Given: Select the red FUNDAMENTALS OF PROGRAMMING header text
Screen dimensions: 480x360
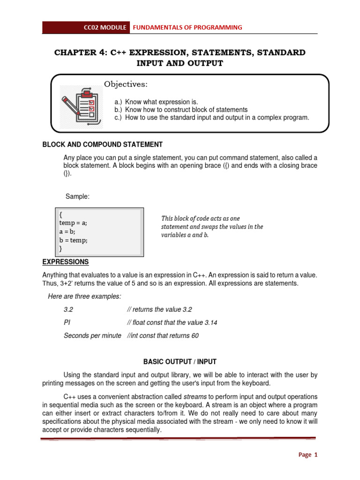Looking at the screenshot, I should [x=187, y=28].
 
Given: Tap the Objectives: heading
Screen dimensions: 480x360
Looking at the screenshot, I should [x=126, y=84].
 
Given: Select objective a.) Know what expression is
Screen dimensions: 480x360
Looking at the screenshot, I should [x=156, y=102].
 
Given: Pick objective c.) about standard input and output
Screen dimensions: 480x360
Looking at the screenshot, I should [x=212, y=118].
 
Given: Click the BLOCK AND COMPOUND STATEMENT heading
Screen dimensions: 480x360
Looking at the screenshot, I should [x=103, y=144].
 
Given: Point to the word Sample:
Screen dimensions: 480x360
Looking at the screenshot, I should [x=77, y=196].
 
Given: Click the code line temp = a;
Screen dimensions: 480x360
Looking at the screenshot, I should [x=73, y=223].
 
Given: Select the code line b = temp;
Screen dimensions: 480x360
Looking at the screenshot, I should [x=73, y=240].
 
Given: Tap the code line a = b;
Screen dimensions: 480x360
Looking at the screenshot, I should [x=67, y=232].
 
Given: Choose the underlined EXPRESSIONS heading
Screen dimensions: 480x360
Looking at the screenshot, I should [x=66, y=262].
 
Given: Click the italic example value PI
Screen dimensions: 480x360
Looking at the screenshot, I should [x=67, y=322].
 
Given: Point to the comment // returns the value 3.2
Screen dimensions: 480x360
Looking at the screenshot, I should [x=159, y=309].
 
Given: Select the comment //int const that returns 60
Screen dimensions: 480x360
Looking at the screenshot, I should [x=163, y=336].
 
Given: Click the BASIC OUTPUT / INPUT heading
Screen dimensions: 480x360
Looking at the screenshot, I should [x=180, y=362].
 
